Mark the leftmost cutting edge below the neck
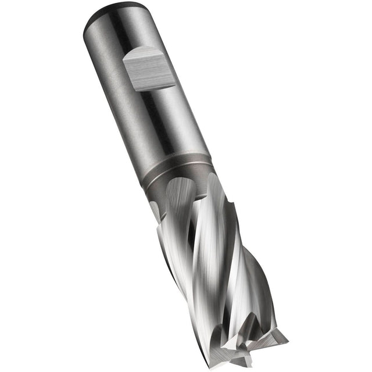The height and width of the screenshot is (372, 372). point(160,233)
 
